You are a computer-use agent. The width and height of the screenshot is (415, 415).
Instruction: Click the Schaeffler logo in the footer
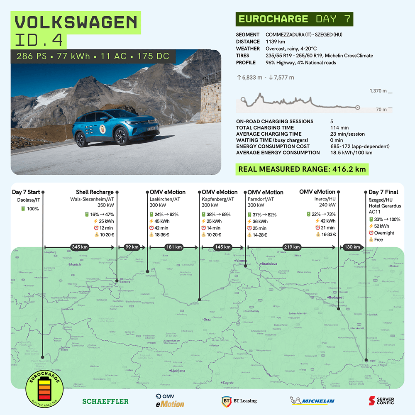(105, 401)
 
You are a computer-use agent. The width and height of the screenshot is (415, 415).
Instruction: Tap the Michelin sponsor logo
(312, 401)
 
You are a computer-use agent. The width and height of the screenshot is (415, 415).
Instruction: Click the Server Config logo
(381, 401)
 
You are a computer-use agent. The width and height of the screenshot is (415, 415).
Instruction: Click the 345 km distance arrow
(79, 247)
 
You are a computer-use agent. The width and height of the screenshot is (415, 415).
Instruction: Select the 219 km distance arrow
(291, 247)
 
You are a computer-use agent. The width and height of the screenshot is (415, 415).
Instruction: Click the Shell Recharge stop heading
(95, 192)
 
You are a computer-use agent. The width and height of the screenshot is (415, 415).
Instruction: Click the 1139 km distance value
(275, 41)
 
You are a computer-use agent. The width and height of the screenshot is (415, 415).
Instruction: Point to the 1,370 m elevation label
(378, 91)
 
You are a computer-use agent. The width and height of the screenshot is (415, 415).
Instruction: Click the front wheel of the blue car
(121, 137)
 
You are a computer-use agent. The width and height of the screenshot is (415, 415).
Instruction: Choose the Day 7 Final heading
(383, 192)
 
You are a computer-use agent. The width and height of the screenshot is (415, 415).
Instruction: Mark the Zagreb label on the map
(228, 383)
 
